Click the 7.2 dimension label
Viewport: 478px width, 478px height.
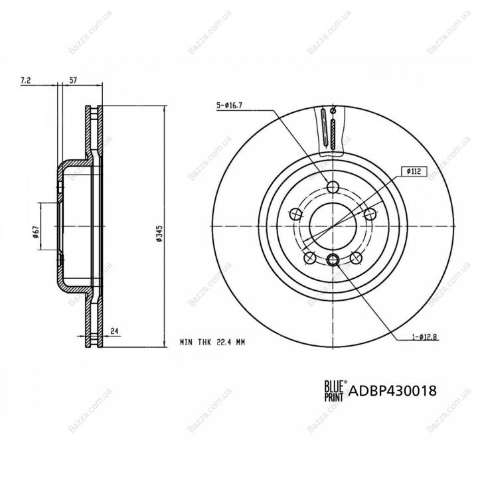point(26,80)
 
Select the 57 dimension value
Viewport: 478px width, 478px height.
point(73,80)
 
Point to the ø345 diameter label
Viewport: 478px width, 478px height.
point(159,234)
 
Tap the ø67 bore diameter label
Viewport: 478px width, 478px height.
point(36,232)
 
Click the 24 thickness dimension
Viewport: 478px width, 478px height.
point(114,331)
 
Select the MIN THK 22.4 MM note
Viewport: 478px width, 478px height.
point(212,343)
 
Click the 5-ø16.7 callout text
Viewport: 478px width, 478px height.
point(229,106)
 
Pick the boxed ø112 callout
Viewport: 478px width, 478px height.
point(414,172)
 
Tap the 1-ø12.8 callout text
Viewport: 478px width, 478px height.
point(425,337)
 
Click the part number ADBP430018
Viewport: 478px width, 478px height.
point(392,391)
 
